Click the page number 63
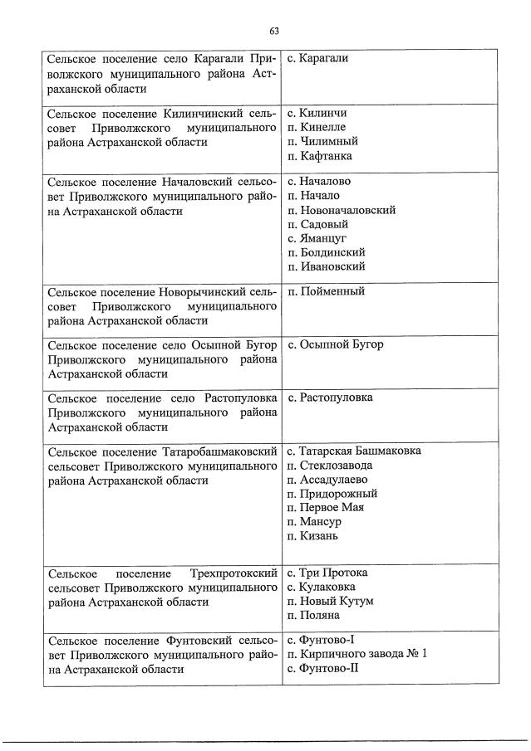(x=273, y=31)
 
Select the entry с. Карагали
(x=317, y=58)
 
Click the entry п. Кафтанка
(x=319, y=155)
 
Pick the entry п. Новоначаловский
(x=341, y=210)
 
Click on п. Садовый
(x=317, y=224)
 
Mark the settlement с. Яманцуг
(x=317, y=238)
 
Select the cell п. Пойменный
(x=325, y=291)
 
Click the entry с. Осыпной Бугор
(x=335, y=344)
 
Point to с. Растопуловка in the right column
(x=329, y=397)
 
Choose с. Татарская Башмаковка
(x=353, y=451)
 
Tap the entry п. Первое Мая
(x=325, y=507)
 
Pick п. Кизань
(x=312, y=536)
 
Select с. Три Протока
(x=327, y=573)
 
